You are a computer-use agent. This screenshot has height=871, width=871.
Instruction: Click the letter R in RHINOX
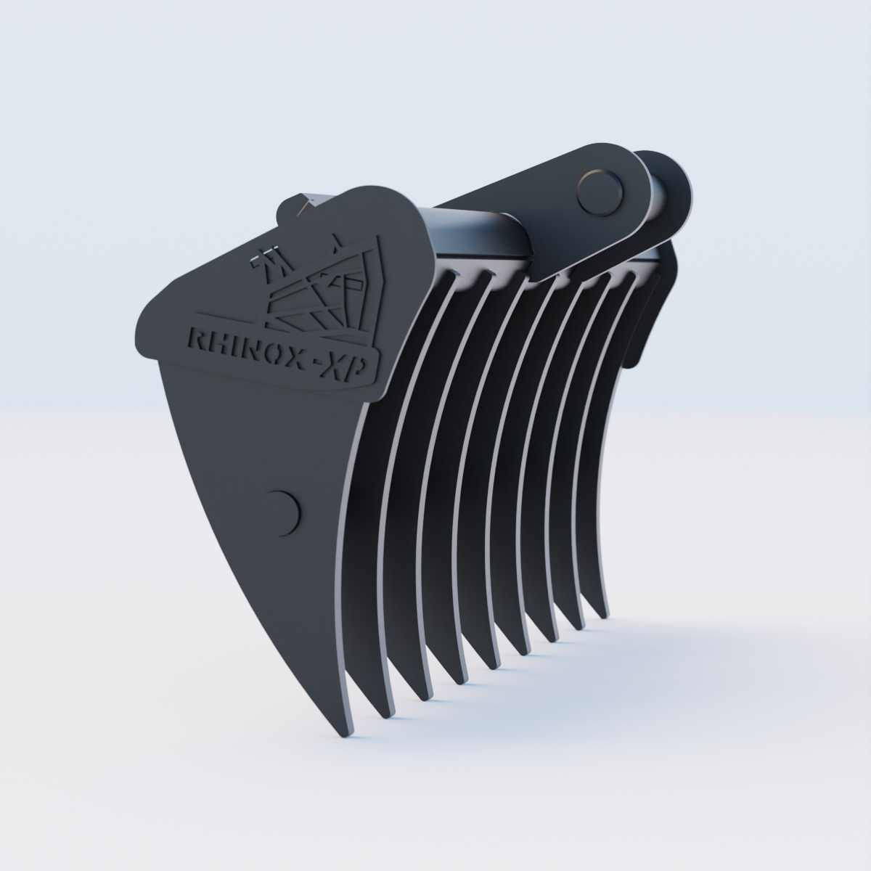(x=197, y=338)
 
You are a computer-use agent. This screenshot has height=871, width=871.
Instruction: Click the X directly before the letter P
(x=337, y=367)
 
